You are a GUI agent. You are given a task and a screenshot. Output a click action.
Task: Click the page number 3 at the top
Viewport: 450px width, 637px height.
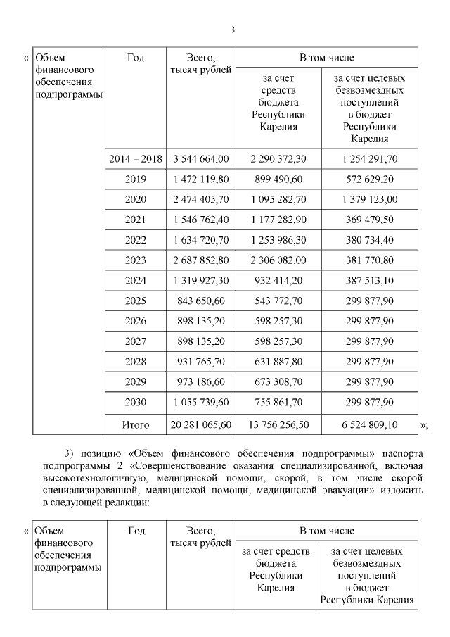(x=232, y=29)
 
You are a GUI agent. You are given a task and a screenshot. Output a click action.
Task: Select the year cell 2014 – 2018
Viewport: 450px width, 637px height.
(x=136, y=159)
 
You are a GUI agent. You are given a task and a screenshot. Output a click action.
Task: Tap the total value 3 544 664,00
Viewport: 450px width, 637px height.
(x=200, y=159)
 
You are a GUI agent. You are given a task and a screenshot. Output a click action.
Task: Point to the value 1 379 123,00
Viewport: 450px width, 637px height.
(x=369, y=200)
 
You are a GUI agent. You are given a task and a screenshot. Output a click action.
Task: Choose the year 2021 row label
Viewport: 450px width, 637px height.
(x=136, y=220)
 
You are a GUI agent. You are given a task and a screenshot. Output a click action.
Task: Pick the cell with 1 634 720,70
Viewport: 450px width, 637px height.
(x=200, y=241)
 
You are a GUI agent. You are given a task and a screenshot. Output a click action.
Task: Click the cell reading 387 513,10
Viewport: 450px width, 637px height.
(x=369, y=281)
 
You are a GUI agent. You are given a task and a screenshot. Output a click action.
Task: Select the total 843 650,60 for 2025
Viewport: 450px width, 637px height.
(x=200, y=301)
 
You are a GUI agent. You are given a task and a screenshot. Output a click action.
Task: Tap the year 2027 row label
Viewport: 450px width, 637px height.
(x=136, y=342)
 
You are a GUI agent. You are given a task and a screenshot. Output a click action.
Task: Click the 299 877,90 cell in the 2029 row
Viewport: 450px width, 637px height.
(x=369, y=382)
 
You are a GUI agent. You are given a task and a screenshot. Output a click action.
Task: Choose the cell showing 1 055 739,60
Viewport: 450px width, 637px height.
(x=200, y=403)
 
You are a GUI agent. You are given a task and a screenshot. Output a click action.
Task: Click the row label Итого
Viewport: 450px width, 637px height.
(x=136, y=424)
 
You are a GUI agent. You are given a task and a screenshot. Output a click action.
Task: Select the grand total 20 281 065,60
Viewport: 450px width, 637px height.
(x=200, y=424)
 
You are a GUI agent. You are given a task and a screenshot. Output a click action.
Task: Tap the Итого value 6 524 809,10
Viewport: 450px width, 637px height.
(x=369, y=424)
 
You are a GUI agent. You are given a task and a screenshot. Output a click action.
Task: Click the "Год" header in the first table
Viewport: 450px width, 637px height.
(x=136, y=58)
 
